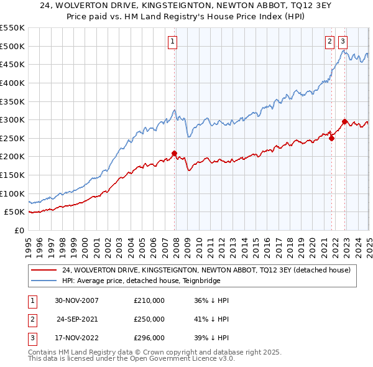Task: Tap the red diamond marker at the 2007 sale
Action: (174, 153)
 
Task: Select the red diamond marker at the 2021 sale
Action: (331, 138)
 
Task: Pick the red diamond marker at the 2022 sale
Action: (344, 121)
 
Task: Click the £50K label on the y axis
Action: (15, 212)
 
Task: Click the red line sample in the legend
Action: (44, 270)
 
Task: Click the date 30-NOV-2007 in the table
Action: (76, 300)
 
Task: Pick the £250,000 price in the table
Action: (149, 320)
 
